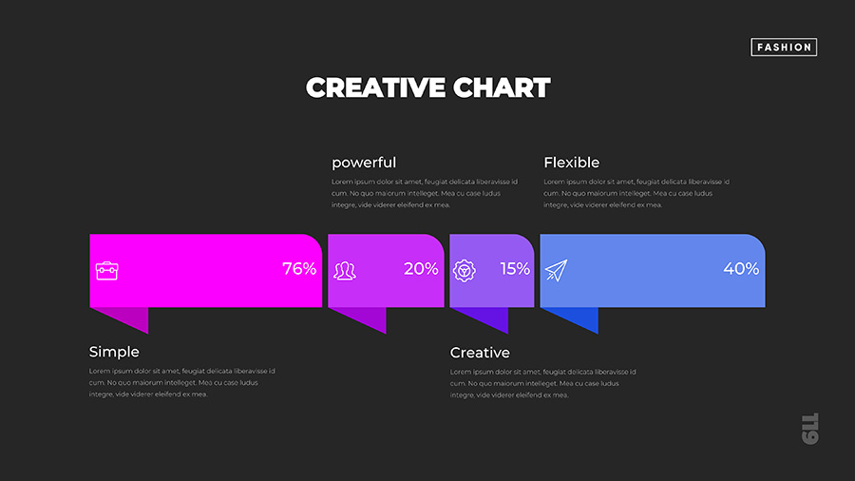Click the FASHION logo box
click(x=784, y=47)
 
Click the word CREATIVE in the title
click(x=375, y=87)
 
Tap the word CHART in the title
click(x=502, y=87)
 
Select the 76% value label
click(x=299, y=268)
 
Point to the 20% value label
click(x=421, y=268)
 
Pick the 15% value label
click(x=515, y=268)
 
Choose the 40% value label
click(x=741, y=268)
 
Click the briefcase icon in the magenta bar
click(x=106, y=271)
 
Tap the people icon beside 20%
click(x=345, y=271)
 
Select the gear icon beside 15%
click(x=464, y=271)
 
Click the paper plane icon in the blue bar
click(x=556, y=271)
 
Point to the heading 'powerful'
click(x=364, y=163)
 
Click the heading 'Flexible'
click(x=572, y=163)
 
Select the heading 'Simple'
click(x=114, y=352)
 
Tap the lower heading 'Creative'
click(x=480, y=353)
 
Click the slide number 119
click(x=810, y=429)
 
